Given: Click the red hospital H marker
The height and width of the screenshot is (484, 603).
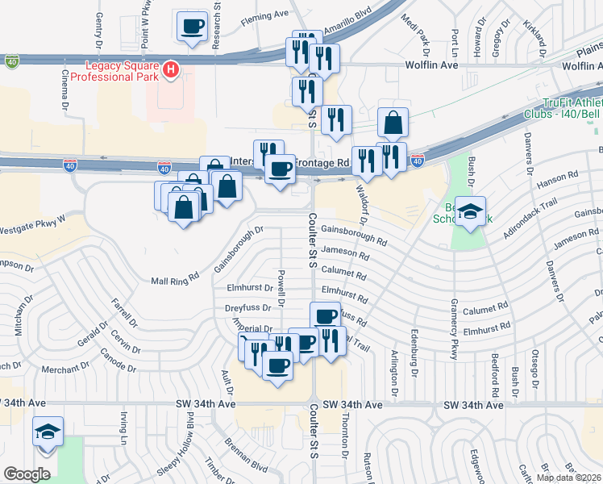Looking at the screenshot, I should pos(170,70).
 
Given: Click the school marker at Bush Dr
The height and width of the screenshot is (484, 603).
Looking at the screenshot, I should pos(471,212).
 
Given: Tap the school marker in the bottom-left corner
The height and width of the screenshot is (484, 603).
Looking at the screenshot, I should pos(48,432).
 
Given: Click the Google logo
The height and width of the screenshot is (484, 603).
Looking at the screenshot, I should pos(27,474).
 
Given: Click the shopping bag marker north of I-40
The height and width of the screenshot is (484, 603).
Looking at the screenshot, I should pos(393,123).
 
